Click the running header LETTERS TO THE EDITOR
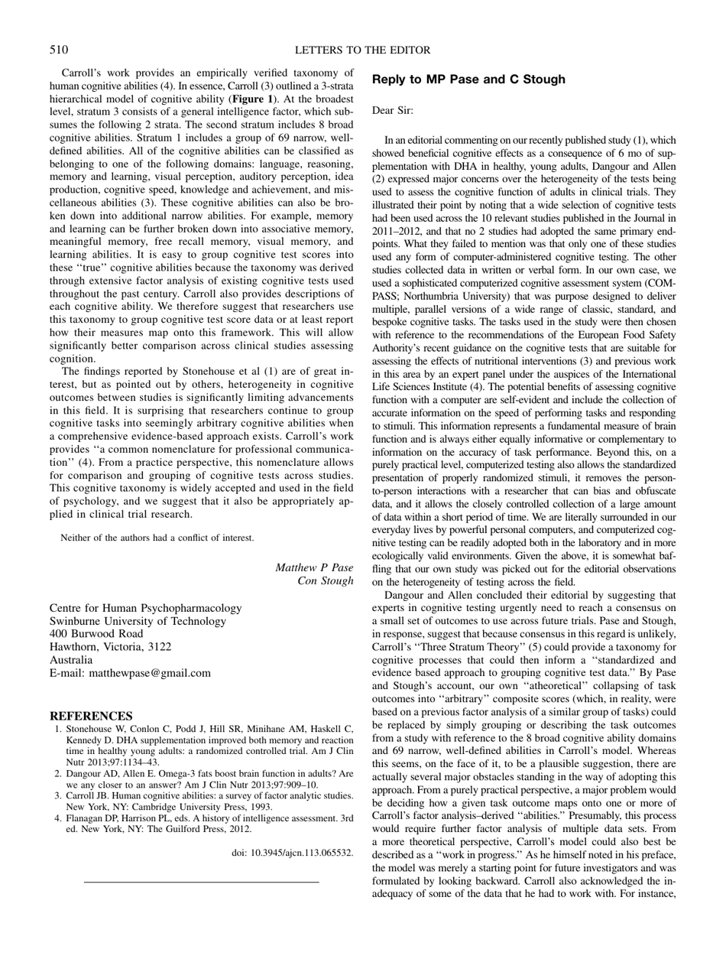click(363, 50)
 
